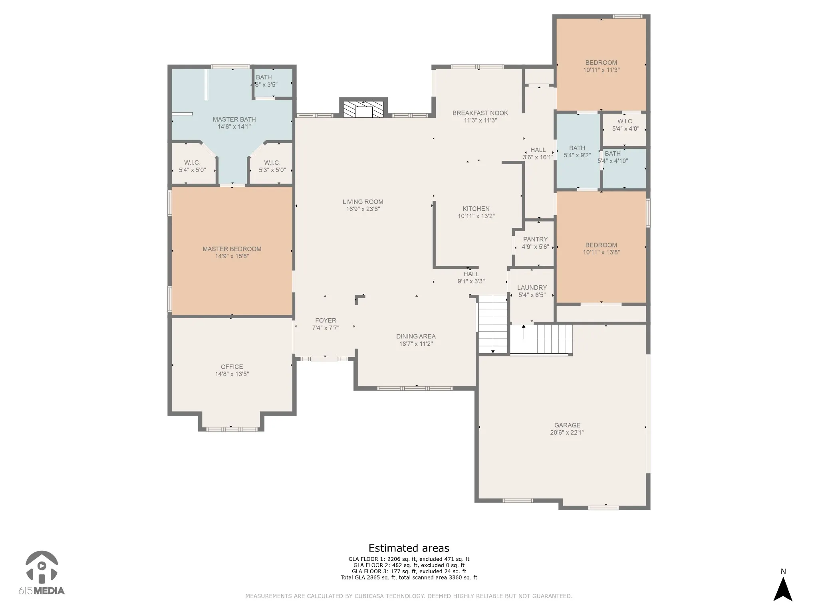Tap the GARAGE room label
(x=567, y=425)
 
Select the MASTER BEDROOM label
(x=232, y=249)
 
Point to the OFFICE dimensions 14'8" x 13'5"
(x=232, y=374)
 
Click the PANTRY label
(x=535, y=239)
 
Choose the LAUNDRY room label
(x=532, y=288)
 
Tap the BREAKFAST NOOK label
(x=480, y=113)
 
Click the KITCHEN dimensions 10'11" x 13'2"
(x=476, y=216)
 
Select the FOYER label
(x=326, y=320)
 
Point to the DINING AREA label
(x=416, y=336)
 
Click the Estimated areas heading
(x=409, y=548)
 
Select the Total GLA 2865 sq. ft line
(x=409, y=577)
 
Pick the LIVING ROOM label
(x=363, y=202)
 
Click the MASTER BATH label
(x=234, y=119)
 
